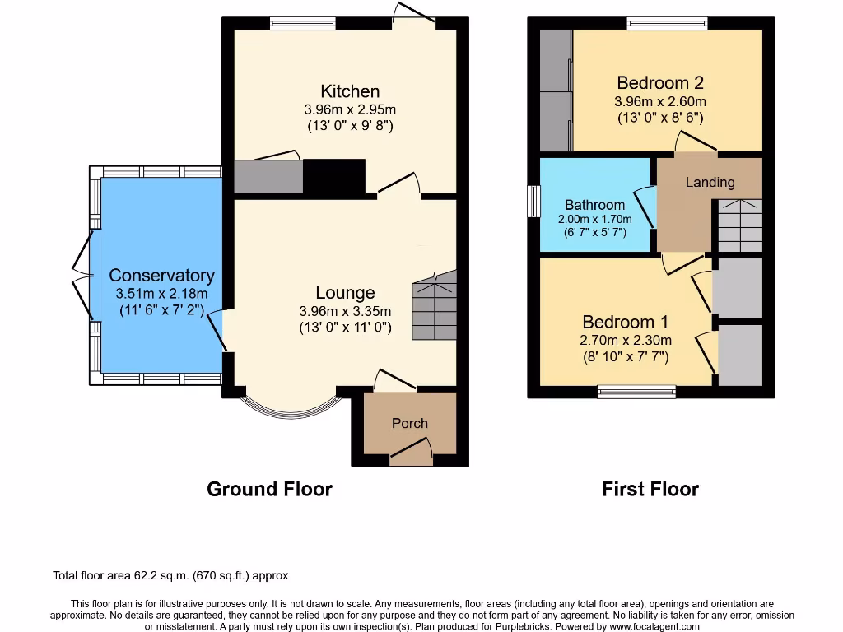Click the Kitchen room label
point(350,91)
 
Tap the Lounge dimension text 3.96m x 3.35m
point(345,311)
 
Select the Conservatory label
point(161,276)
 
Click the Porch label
point(409,423)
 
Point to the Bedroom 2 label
point(660,83)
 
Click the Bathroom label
point(594,205)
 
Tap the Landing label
point(710,182)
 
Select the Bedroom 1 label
point(626,322)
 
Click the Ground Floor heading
point(269,490)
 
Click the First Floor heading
point(650,490)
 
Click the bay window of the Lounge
point(292,408)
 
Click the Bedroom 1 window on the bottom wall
point(636,391)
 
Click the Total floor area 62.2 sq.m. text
point(170,576)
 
